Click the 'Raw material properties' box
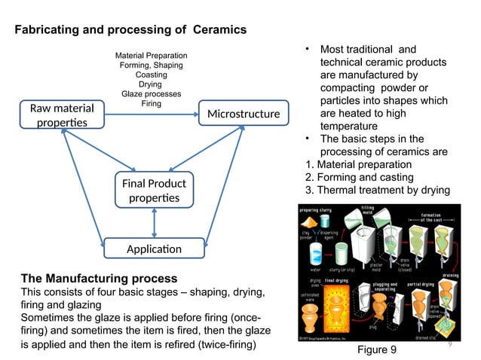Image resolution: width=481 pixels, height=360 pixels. (x=57, y=114)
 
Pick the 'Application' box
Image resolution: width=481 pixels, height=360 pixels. (x=153, y=249)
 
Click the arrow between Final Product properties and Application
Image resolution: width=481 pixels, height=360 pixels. (x=154, y=223)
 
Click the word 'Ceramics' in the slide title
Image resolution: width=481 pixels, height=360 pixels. (x=219, y=30)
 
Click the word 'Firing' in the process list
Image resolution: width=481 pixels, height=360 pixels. (x=152, y=104)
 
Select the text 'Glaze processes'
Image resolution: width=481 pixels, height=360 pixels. (x=152, y=94)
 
